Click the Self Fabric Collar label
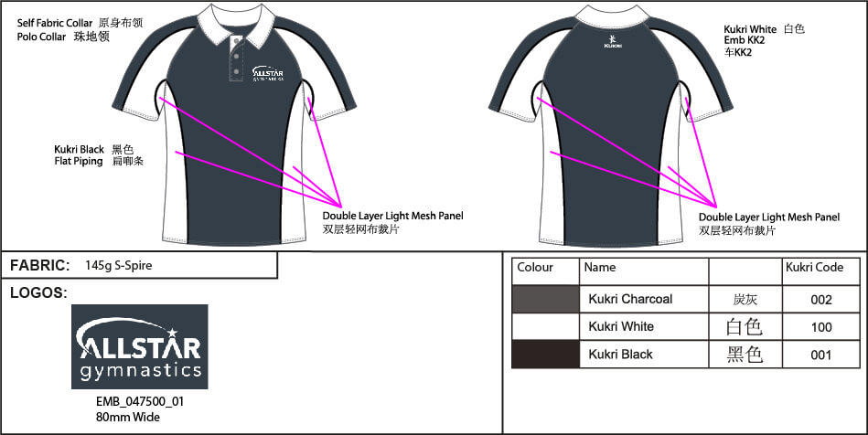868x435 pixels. pyautogui.click(x=56, y=21)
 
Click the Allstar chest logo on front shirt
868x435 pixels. pyautogui.click(x=267, y=72)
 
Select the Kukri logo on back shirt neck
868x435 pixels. pyautogui.click(x=613, y=41)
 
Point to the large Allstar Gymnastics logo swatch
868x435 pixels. pyautogui.click(x=140, y=347)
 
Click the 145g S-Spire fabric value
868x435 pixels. pyautogui.click(x=118, y=266)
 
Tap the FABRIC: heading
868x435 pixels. pyautogui.click(x=40, y=266)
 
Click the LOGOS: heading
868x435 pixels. pyautogui.click(x=38, y=293)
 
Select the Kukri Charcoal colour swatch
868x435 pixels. pyautogui.click(x=545, y=299)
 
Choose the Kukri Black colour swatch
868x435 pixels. pyautogui.click(x=545, y=355)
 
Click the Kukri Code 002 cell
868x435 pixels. pyautogui.click(x=820, y=299)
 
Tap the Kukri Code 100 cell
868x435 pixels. pyautogui.click(x=820, y=327)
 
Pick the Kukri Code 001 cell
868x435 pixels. pyautogui.click(x=820, y=355)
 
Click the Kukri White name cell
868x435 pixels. pyautogui.click(x=621, y=327)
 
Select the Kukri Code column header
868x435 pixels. pyautogui.click(x=814, y=268)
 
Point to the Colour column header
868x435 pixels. pyautogui.click(x=535, y=268)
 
